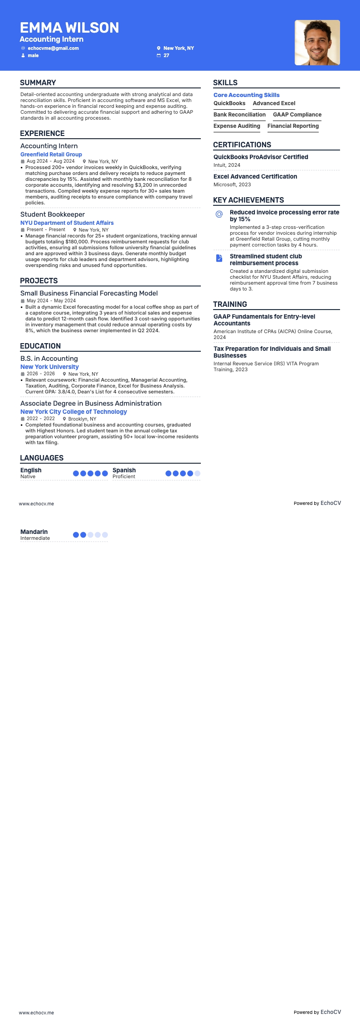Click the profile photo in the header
pos(317,43)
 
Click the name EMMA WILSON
pos(69,28)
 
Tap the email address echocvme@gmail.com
pos(53,48)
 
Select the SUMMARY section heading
pos(38,82)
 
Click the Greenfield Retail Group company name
pos(51,155)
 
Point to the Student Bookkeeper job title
pos(53,214)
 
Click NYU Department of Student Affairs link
pos(67,223)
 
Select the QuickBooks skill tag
pos(229,103)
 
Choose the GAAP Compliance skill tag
pos(297,115)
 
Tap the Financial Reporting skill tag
pos(293,126)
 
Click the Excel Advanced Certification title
pos(255,177)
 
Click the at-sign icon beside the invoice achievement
pos(219,214)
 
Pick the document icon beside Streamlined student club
pos(219,258)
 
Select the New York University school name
pos(49,367)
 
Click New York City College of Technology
pos(73,412)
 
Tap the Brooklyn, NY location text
pos(82,419)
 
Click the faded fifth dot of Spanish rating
pos(197,473)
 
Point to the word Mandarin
pos(34,532)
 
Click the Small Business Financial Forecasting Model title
pos(89,293)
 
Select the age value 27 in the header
pos(166,56)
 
